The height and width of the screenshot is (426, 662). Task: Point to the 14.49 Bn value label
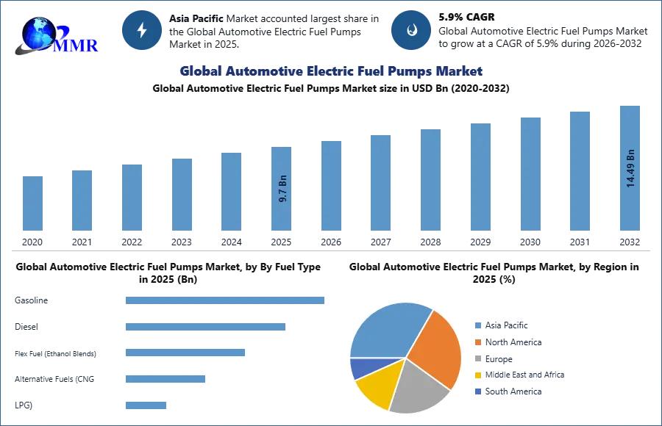tap(630, 169)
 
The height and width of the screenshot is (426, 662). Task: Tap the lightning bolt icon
tap(142, 30)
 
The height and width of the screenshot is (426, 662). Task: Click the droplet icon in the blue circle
tap(411, 30)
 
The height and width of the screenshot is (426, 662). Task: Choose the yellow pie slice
tap(375, 386)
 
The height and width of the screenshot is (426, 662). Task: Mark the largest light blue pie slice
tap(386, 330)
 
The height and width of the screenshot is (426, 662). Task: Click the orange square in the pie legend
tap(477, 342)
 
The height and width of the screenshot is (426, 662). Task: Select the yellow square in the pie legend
tap(477, 376)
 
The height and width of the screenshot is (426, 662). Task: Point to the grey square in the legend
tap(477, 359)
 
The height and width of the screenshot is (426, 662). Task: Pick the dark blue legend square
tap(477, 393)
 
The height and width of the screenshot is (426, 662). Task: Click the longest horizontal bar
tap(226, 300)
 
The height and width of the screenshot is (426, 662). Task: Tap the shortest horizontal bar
tap(146, 405)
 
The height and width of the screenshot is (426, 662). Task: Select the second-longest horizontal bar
tap(205, 328)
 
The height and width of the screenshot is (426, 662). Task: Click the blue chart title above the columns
tap(330, 72)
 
